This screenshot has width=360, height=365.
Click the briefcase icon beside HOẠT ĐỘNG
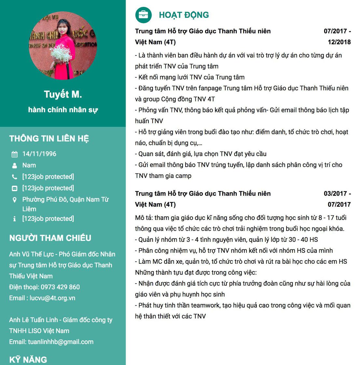143,15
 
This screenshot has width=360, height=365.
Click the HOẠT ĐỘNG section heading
184,15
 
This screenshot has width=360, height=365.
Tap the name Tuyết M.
63,95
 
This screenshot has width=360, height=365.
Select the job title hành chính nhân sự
63,110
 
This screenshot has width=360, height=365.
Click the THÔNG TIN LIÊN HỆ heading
49,139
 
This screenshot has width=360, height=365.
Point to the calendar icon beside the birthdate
14,154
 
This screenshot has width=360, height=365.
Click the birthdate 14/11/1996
39,154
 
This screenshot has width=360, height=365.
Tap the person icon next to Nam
14,166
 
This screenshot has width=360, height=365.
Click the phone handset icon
14,177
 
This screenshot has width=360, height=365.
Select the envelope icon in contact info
14,188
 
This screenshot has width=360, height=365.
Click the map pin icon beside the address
14,200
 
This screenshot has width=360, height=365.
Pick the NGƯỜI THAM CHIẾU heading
50,238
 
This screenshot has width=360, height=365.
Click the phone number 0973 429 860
60,287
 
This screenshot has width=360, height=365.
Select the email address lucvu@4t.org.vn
52,298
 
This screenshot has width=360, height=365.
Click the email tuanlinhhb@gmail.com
61,342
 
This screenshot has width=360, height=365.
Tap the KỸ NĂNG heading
28,360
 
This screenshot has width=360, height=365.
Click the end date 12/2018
339,42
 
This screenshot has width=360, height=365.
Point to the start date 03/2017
335,194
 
